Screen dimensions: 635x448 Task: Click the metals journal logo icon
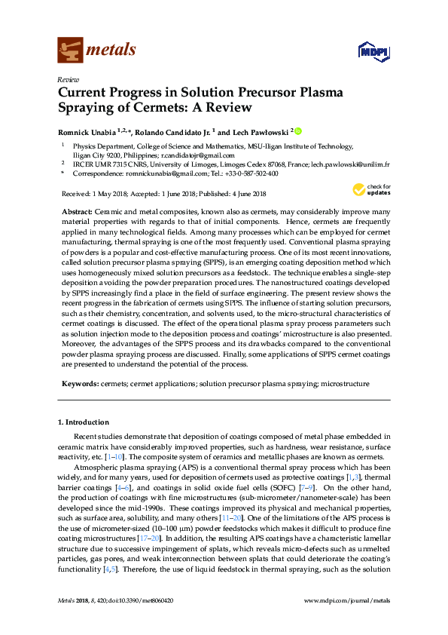[70, 50]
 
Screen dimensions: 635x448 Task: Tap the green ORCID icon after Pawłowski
[298, 130]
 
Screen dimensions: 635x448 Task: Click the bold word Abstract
[77, 213]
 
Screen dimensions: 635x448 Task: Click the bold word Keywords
[78, 384]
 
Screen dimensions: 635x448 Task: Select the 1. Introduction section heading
[84, 422]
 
